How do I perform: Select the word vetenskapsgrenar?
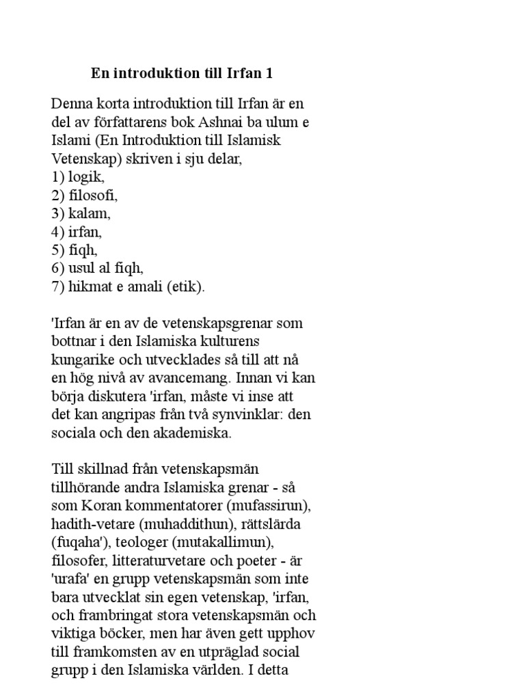(219, 323)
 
